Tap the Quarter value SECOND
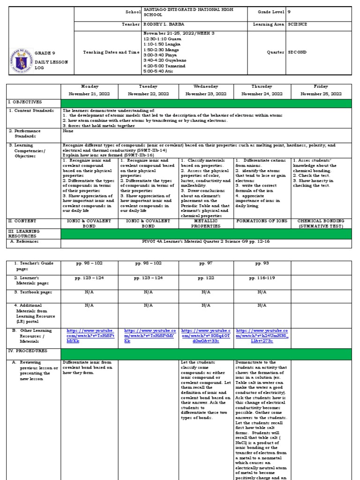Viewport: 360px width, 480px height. [297, 52]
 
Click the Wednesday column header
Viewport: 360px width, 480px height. [206, 87]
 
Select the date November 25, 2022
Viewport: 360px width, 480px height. [321, 94]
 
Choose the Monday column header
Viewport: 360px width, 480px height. [90, 87]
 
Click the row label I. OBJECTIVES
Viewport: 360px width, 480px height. [24, 102]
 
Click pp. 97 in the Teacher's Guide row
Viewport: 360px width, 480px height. [206, 264]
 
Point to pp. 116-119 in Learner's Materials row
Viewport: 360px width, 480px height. [262, 278]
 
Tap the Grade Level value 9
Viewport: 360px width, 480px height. [290, 12]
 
